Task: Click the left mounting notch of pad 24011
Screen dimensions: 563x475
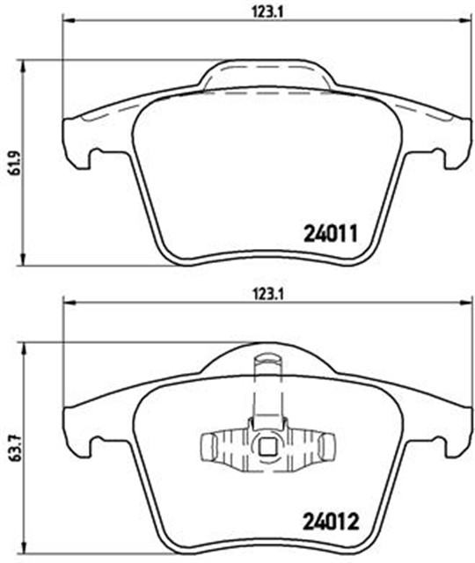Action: point(91,157)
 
